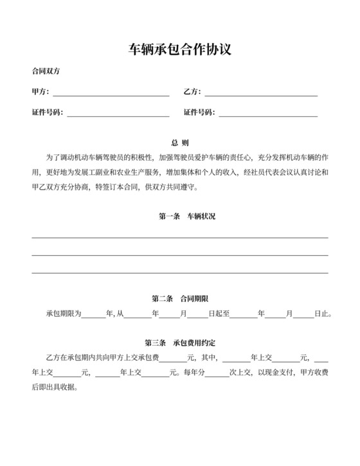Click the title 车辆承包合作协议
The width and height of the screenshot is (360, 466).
click(x=180, y=49)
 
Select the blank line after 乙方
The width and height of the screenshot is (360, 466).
click(x=261, y=93)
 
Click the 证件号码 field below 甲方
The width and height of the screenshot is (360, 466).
click(x=118, y=114)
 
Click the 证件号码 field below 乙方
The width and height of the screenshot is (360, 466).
click(x=269, y=114)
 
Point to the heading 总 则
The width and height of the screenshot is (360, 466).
click(x=180, y=142)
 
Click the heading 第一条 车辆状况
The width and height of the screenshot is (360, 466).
click(x=187, y=217)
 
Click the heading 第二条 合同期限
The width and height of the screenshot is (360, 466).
click(x=180, y=299)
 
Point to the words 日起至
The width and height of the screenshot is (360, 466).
click(x=219, y=315)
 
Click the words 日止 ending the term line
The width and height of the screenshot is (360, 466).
click(x=323, y=315)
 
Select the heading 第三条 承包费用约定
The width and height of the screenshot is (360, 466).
click(x=180, y=341)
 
